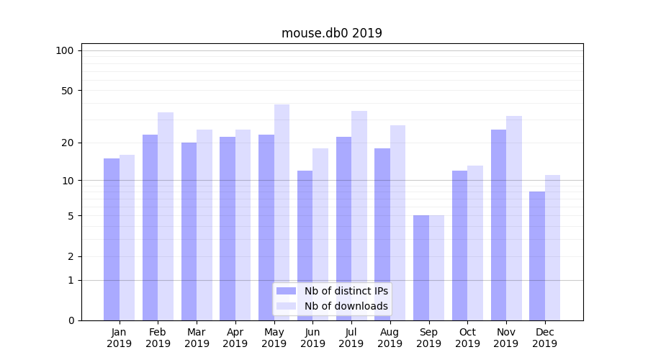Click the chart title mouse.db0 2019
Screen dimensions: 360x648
pyautogui.click(x=331, y=33)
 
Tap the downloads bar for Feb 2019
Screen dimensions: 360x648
pyautogui.click(x=166, y=216)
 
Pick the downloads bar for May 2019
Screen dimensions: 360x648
pyautogui.click(x=282, y=212)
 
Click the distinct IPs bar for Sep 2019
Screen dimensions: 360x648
pyautogui.click(x=421, y=268)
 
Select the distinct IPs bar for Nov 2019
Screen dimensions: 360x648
pyautogui.click(x=498, y=225)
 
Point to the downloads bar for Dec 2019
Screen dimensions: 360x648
pyautogui.click(x=552, y=248)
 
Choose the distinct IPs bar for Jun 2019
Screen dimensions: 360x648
pyautogui.click(x=305, y=245)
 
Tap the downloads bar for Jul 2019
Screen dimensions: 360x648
pyautogui.click(x=359, y=215)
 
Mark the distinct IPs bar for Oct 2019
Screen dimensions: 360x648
pyautogui.click(x=459, y=245)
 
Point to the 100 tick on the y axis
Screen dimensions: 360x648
pyautogui.click(x=65, y=50)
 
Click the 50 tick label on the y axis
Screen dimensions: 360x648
pyautogui.click(x=67, y=91)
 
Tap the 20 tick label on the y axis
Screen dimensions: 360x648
pyautogui.click(x=67, y=143)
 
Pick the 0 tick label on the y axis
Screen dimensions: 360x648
pyautogui.click(x=70, y=320)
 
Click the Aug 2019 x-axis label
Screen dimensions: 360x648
pyautogui.click(x=390, y=338)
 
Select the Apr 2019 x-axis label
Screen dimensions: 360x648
pyautogui.click(x=235, y=338)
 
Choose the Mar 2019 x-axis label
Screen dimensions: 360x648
pyautogui.click(x=197, y=338)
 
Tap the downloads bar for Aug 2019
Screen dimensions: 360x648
pyautogui.click(x=397, y=222)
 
